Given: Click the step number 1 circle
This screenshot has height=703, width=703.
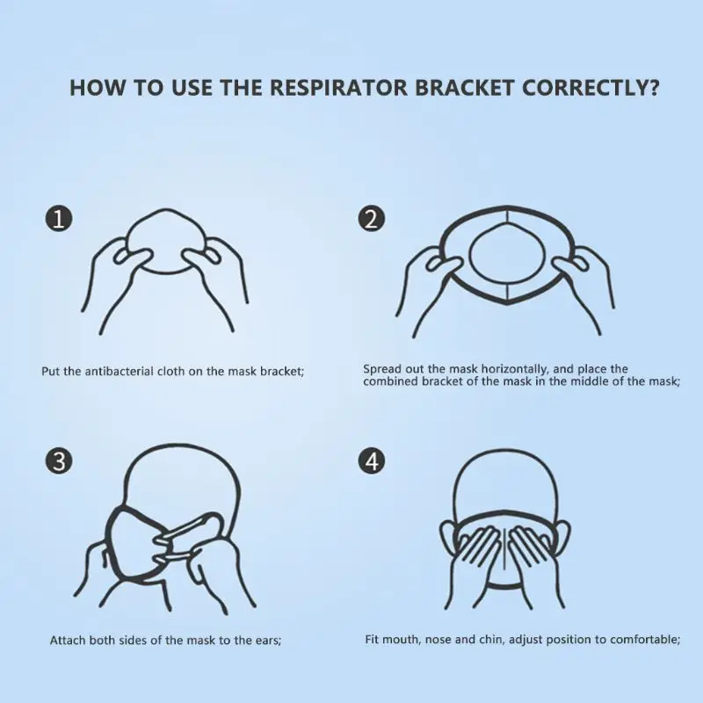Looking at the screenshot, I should point(58,219).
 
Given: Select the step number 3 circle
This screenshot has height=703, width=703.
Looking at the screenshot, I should point(58,460).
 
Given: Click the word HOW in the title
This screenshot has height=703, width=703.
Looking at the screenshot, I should point(91,89).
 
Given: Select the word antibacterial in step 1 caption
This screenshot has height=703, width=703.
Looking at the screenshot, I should point(117,371).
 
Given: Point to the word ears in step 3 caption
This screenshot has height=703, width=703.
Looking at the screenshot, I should point(265,640).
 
